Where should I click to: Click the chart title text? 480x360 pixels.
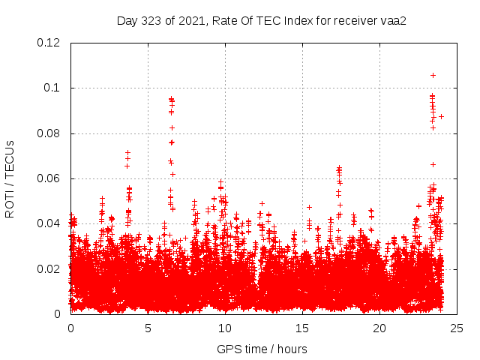261,20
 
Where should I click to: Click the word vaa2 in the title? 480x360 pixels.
392,20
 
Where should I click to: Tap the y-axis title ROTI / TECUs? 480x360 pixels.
10,178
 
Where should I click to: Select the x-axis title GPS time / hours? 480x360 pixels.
262,349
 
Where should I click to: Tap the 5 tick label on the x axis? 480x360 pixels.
148,328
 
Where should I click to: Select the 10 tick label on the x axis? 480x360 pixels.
225,328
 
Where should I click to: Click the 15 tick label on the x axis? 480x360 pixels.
302,328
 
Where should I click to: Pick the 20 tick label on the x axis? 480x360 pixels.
379,328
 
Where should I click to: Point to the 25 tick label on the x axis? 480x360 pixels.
457,328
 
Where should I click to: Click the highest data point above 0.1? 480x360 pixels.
433,75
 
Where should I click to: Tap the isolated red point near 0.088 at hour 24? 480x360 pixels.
441,116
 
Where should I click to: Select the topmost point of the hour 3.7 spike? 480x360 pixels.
127,153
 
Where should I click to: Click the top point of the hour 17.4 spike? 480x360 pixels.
339,168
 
